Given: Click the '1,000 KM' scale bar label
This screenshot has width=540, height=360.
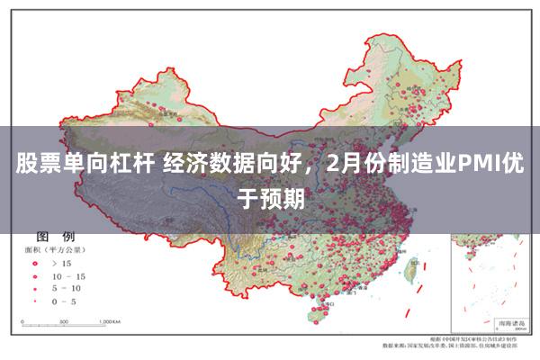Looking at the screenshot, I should [x=110, y=320].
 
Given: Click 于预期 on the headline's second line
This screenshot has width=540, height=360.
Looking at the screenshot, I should [x=270, y=196].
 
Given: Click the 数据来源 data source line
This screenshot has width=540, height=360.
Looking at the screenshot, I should [x=450, y=344].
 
